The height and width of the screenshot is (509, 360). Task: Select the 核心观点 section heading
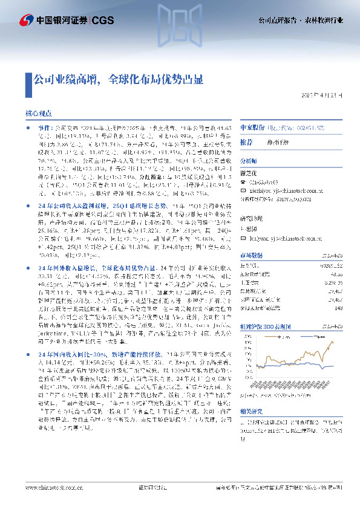tap(42, 113)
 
